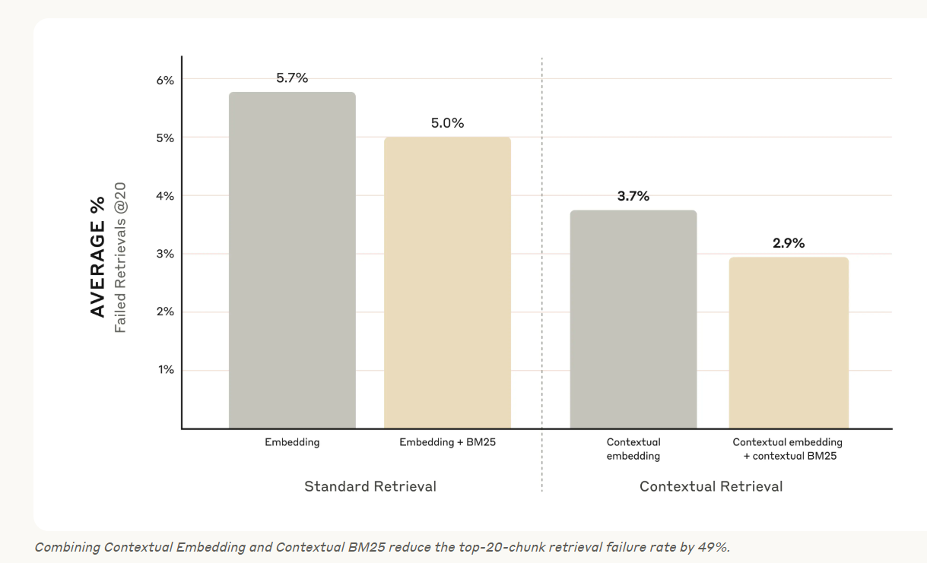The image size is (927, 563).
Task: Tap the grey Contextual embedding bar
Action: coord(633,319)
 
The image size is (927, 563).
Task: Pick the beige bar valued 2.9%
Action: coord(789,343)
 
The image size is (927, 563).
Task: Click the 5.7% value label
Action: coord(292,78)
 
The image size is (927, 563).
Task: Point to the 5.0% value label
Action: coord(447,123)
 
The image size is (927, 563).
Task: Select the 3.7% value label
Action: coord(633,196)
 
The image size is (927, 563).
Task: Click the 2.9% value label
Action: coord(789,243)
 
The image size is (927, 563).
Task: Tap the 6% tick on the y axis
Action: coord(165,80)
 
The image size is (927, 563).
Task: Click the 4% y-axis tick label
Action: coord(165,196)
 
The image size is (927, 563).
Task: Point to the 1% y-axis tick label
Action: coord(165,370)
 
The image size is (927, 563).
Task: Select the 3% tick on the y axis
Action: coord(165,254)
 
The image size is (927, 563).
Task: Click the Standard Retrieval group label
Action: coord(370,486)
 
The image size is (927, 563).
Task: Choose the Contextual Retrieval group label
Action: coord(711,486)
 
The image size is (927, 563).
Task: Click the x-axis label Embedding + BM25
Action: coord(447,442)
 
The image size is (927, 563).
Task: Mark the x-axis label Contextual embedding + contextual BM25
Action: coord(788,449)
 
